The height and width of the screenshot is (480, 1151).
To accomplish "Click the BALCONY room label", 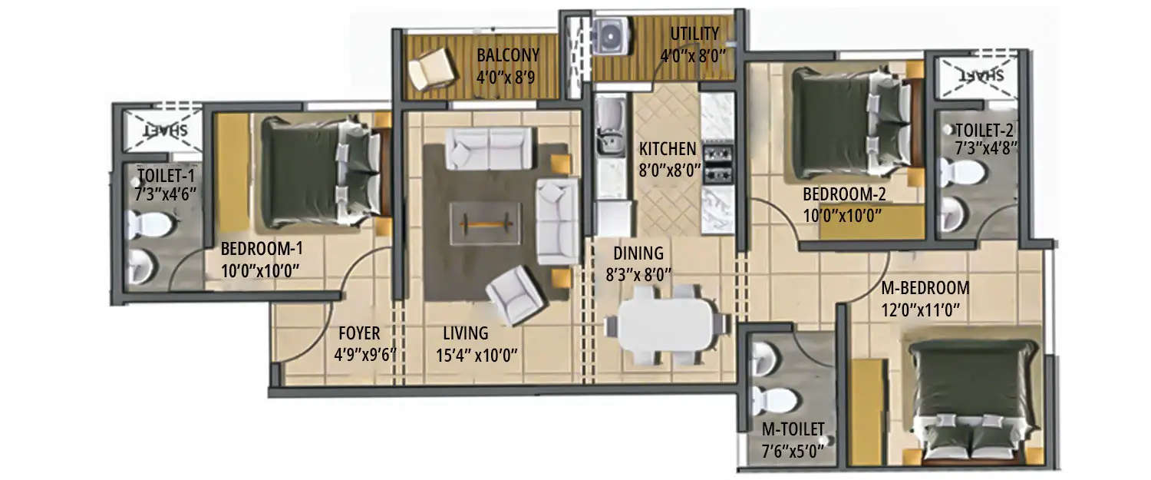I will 507,55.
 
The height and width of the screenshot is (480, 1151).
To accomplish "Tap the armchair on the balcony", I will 431,69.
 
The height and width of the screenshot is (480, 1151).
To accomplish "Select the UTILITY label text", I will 694,34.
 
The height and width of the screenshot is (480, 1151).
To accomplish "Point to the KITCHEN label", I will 667,149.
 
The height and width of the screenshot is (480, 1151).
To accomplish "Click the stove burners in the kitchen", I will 717,163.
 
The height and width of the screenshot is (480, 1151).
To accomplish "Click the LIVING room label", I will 465,333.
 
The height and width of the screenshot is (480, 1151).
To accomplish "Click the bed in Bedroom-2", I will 850,122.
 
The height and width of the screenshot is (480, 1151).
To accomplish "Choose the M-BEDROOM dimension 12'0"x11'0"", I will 925,310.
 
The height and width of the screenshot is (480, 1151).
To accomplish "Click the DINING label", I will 638,253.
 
